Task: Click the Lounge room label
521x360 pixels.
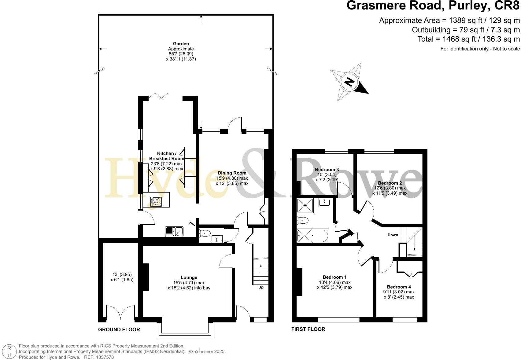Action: click(x=189, y=277)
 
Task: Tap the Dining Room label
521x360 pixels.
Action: click(x=232, y=173)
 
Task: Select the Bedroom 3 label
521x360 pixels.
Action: click(x=327, y=170)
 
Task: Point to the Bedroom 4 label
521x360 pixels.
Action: click(x=399, y=287)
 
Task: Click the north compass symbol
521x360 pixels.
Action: click(x=349, y=82)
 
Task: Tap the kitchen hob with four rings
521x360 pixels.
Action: click(x=156, y=201)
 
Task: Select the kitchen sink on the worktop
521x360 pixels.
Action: click(x=174, y=231)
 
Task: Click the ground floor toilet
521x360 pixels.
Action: click(x=205, y=234)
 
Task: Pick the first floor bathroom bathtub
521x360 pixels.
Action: click(x=312, y=236)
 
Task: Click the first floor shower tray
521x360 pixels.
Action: click(x=305, y=205)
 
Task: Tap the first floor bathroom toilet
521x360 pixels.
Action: click(x=302, y=220)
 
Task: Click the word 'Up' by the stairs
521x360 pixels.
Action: click(x=261, y=287)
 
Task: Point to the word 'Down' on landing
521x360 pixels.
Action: click(x=393, y=235)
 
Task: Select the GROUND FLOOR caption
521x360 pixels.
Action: click(x=119, y=329)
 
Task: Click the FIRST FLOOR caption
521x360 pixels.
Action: click(x=308, y=329)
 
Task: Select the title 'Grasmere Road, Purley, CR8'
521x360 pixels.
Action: click(x=433, y=6)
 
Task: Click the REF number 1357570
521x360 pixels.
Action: click(x=105, y=357)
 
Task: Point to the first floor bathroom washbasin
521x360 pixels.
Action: click(x=324, y=202)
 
